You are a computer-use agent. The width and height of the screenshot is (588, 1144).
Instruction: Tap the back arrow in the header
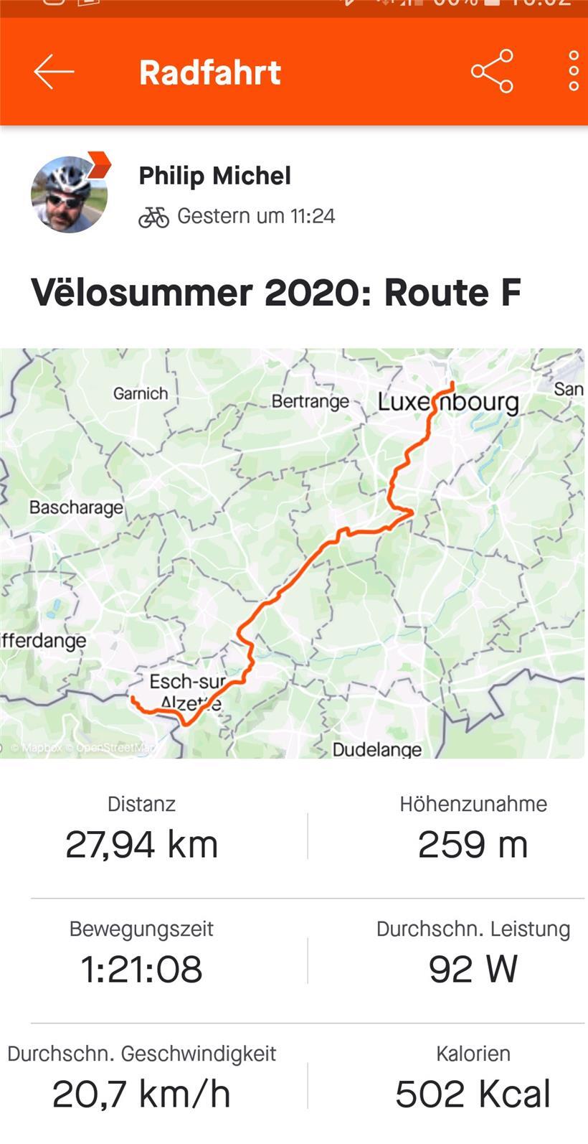coord(54,72)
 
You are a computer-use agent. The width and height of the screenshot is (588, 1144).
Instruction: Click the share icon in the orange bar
coord(492,71)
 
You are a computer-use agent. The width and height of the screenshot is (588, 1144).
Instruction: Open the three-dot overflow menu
coord(573,71)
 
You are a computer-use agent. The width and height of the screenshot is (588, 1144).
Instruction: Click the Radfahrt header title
coord(209,72)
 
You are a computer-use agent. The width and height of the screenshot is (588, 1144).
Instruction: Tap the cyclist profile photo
coord(69,194)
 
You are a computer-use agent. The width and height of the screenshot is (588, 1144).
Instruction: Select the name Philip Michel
coord(214,176)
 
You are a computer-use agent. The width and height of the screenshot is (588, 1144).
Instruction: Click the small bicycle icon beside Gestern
coord(153,217)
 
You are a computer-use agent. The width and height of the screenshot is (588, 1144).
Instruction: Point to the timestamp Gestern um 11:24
coord(256,216)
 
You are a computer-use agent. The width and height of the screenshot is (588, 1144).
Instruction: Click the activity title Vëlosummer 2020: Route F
coord(275,293)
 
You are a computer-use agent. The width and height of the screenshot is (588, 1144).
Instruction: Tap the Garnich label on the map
coord(141,393)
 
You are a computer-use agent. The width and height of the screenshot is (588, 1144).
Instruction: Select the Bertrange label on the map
coord(310,401)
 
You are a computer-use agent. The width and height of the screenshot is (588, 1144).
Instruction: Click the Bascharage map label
coord(76,507)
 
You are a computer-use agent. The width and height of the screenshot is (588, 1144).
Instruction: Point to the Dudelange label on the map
coord(377,750)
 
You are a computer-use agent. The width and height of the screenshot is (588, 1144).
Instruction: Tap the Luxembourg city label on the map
coord(448,402)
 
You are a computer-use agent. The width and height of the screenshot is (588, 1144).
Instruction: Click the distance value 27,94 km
coord(141,844)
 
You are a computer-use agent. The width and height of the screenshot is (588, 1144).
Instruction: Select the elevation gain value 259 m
coord(473,844)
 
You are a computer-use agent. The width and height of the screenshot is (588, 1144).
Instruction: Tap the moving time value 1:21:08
coord(141,969)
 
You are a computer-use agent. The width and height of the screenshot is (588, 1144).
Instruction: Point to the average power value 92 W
coord(473,969)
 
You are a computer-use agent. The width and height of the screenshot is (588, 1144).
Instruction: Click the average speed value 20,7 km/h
coord(141,1094)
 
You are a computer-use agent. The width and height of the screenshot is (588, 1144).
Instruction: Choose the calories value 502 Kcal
coord(473,1094)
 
